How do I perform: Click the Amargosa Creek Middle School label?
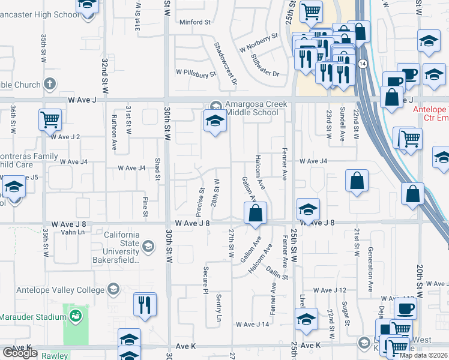pyautogui.click(x=253, y=108)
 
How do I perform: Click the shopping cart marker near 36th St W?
pyautogui.click(x=50, y=119)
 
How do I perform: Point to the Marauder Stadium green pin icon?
pyautogui.click(x=75, y=316)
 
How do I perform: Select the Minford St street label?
pyautogui.click(x=195, y=22)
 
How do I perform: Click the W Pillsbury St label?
pyautogui.click(x=196, y=74)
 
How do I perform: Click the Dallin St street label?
pyautogui.click(x=277, y=273)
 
